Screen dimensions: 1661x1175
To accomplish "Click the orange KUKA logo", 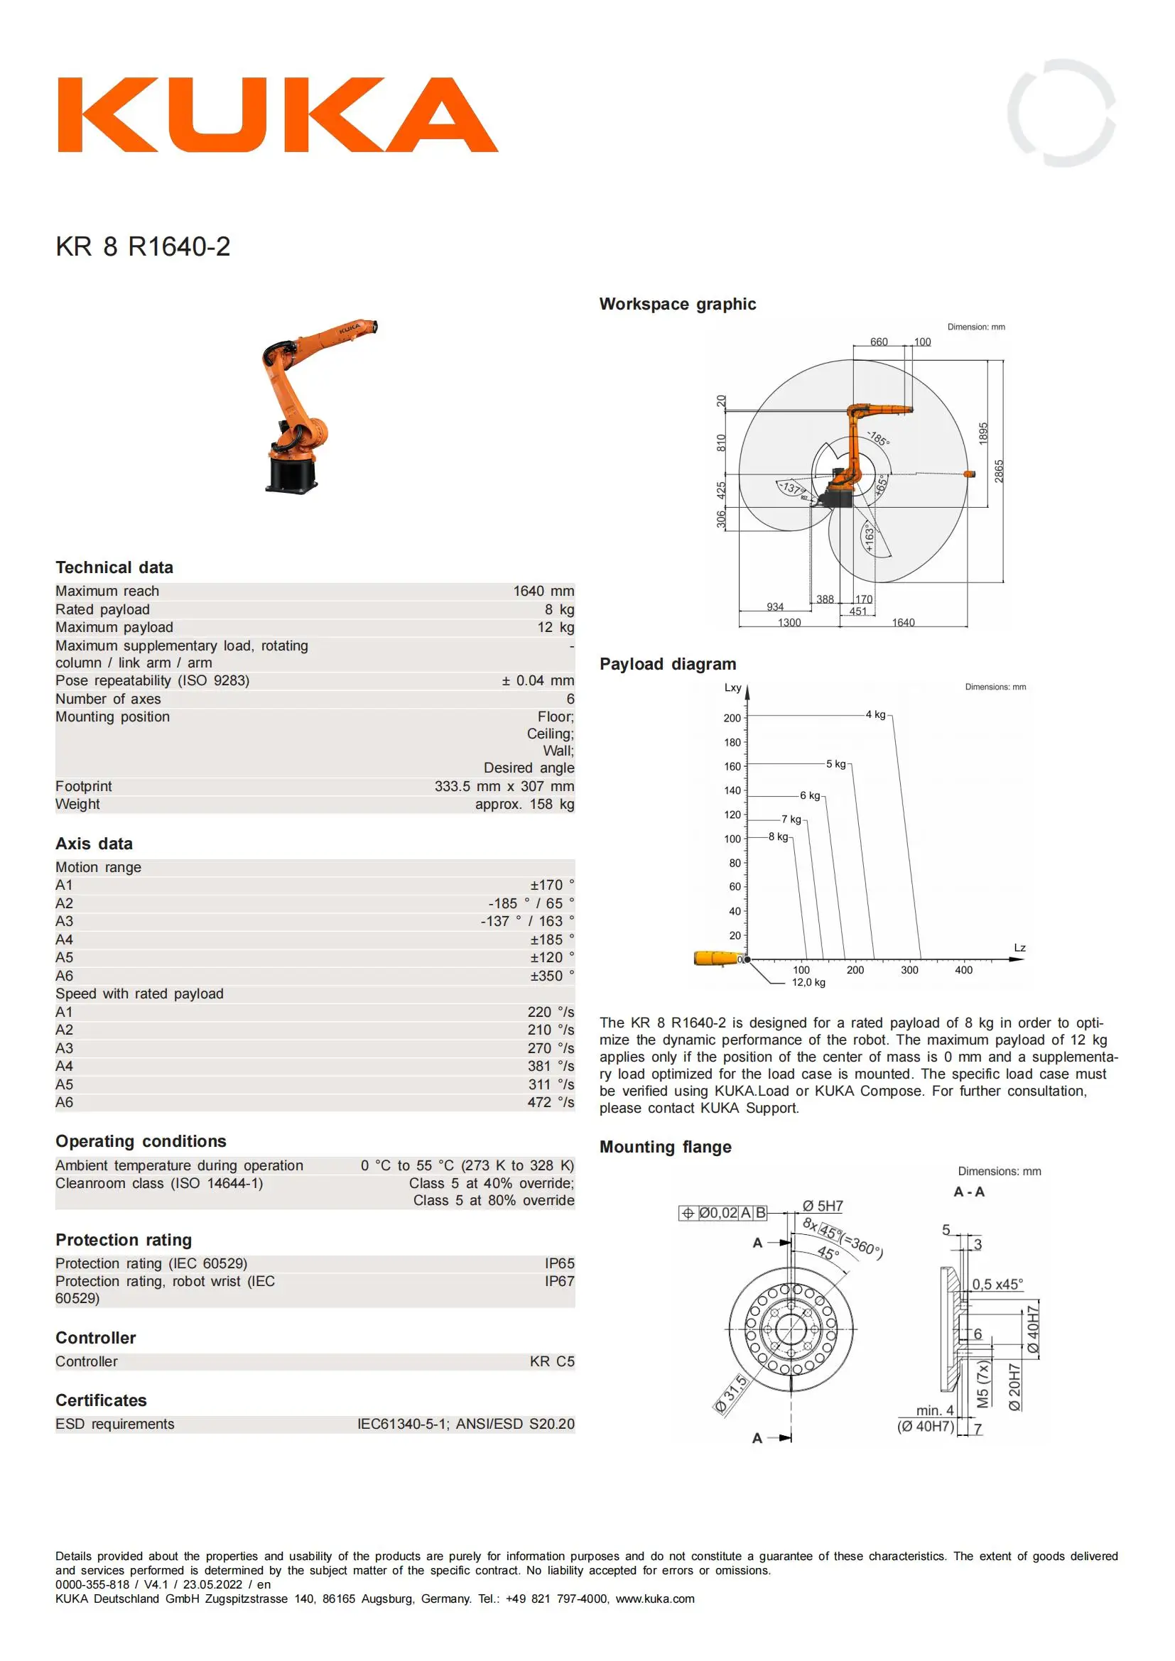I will [278, 115].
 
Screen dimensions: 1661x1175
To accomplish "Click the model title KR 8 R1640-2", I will [143, 246].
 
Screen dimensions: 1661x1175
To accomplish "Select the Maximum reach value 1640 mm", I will [543, 591].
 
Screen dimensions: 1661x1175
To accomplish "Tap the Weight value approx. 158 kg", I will [524, 804].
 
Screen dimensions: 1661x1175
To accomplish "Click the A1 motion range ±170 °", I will [551, 885].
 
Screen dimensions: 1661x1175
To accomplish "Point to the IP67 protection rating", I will [558, 1280].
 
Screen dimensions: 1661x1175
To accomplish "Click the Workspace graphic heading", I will [677, 304].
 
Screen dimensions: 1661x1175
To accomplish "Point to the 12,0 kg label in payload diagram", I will [808, 981].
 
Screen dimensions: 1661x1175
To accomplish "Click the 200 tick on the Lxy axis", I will [732, 718].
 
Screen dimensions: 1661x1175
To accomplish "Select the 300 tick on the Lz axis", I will [909, 969].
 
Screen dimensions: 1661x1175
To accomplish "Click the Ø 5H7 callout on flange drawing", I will [822, 1206].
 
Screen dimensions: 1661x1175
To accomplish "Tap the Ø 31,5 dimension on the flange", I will [730, 1393].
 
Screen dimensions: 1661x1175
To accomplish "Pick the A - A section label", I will [969, 1192].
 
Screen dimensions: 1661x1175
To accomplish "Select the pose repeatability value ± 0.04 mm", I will [537, 680].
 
